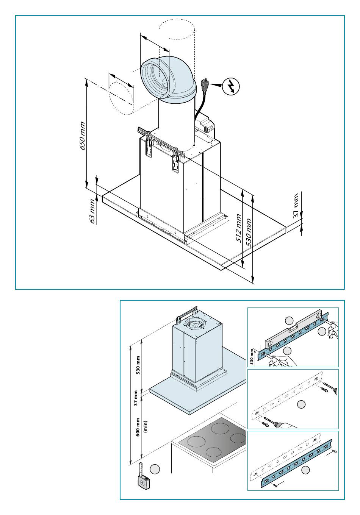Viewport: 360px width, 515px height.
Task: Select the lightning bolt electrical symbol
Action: [231, 86]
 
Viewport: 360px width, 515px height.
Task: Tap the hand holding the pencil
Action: [283, 360]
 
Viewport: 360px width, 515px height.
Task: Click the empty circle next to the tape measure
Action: [155, 469]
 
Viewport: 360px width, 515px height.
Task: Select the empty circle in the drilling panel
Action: [301, 404]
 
